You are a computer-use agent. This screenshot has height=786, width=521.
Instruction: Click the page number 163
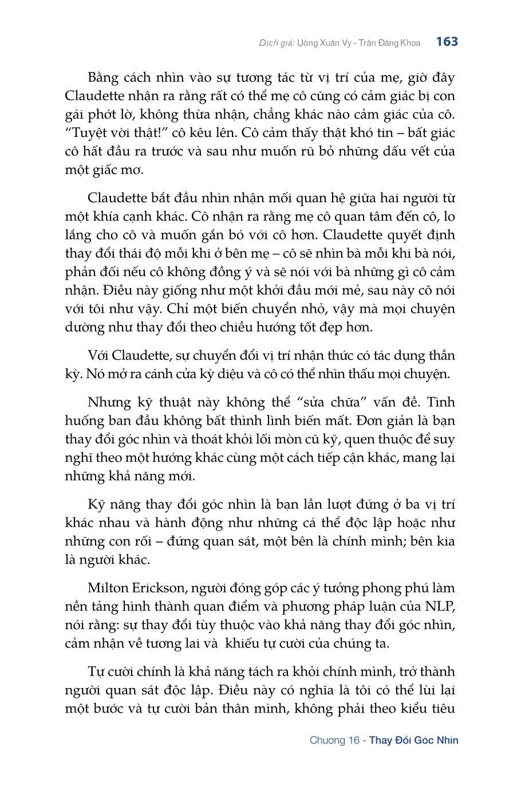pos(447,42)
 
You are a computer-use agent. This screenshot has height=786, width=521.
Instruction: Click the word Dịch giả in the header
pos(277,43)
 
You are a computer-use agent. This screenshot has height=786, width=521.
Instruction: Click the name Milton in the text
pos(109,588)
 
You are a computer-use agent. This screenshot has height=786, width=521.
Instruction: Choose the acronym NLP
pos(440,606)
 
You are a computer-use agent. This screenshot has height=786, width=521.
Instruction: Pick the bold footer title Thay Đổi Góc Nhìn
pos(413,740)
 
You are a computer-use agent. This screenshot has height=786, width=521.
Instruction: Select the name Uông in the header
pos(310,43)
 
